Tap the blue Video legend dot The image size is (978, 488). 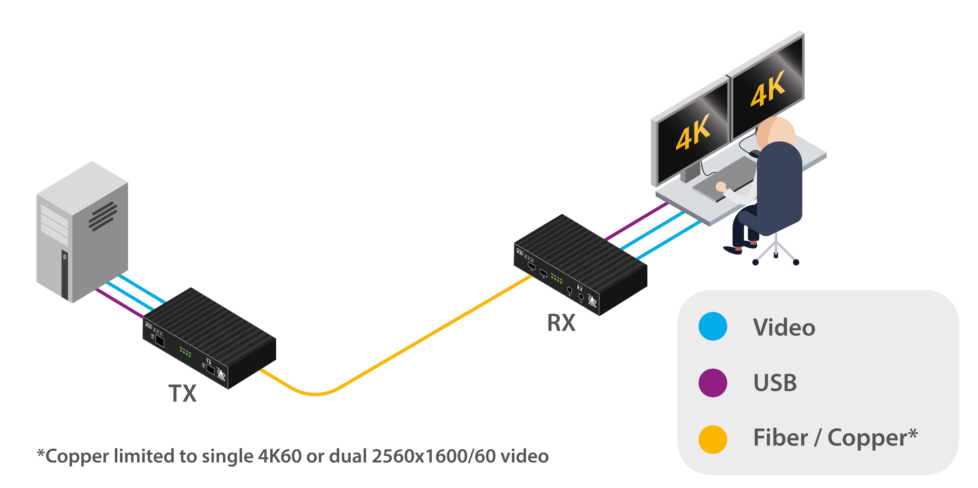(x=713, y=326)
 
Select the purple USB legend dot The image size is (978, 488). (x=713, y=382)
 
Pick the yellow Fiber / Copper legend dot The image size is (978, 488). (x=713, y=439)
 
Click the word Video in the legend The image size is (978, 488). (x=784, y=327)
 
